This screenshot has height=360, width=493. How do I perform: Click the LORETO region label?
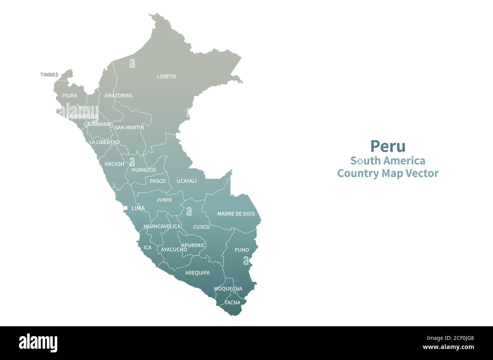point(166,77)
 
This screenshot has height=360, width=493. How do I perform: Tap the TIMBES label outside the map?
point(49,75)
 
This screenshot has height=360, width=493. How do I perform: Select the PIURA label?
point(70,96)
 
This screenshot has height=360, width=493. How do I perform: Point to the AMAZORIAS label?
point(118,96)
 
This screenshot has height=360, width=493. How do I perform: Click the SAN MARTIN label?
point(129,127)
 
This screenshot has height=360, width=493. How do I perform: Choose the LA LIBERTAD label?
point(104,142)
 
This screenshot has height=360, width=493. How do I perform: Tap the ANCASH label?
point(114,164)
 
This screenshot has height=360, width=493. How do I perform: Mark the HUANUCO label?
point(143,170)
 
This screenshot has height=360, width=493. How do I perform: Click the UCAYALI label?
point(187,181)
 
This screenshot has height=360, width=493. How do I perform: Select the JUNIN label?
point(164,200)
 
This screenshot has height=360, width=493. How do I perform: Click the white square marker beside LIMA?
point(125,208)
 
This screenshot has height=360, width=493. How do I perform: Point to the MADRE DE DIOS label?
point(236,214)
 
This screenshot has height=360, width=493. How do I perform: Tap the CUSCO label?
point(201,227)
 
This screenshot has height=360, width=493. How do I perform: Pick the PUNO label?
point(242,250)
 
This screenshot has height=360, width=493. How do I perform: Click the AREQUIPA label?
point(197,273)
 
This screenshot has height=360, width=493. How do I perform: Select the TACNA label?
point(232,303)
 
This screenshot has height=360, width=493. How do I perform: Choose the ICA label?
point(148,247)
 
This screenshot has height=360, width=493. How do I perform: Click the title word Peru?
point(388,146)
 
